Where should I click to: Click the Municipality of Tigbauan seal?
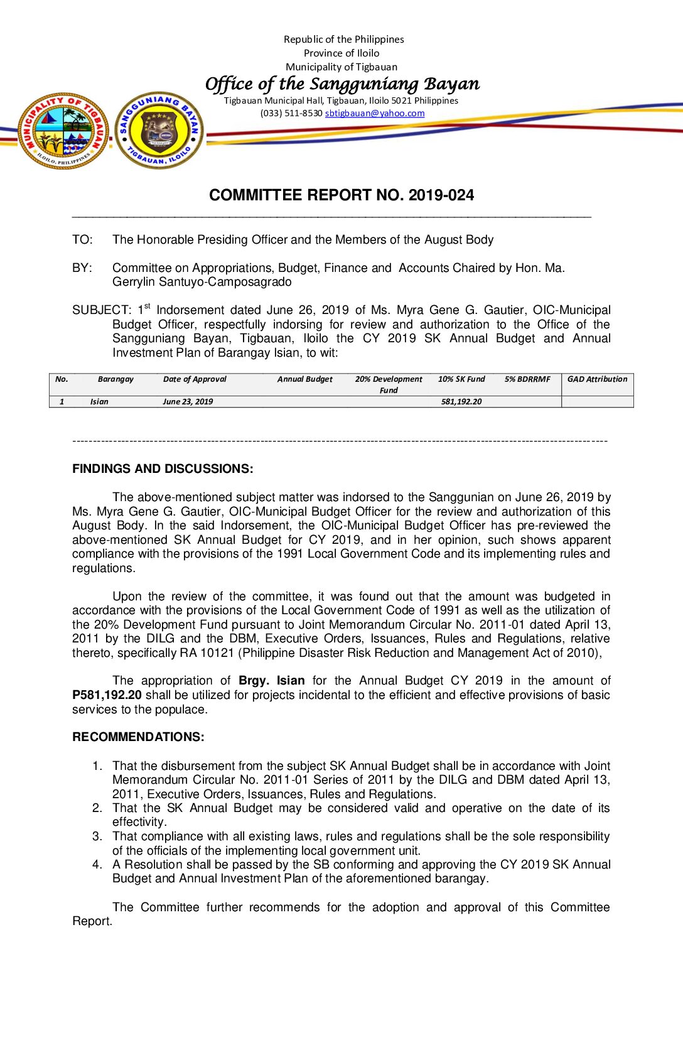pyautogui.click(x=63, y=131)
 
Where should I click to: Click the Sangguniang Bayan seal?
pyautogui.click(x=159, y=131)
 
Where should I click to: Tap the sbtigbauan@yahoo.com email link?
pyautogui.click(x=375, y=114)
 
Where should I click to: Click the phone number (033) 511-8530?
pyautogui.click(x=291, y=114)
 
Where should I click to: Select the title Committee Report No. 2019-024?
pyautogui.click(x=341, y=195)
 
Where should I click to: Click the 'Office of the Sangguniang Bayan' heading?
pyautogui.click(x=342, y=84)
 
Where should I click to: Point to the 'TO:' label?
pyautogui.click(x=82, y=240)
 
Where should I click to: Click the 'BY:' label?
pyautogui.click(x=82, y=268)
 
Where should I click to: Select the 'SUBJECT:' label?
pyautogui.click(x=101, y=310)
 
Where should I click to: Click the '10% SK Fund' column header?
pyautogui.click(x=461, y=379)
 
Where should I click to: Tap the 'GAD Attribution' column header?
pyautogui.click(x=597, y=379)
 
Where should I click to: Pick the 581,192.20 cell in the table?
pyautogui.click(x=461, y=402)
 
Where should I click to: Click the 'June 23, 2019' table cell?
pyautogui.click(x=188, y=402)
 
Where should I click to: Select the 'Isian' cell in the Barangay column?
pyautogui.click(x=99, y=402)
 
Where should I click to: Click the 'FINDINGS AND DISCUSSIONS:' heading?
pyautogui.click(x=163, y=469)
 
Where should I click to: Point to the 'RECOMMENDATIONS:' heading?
pyautogui.click(x=138, y=737)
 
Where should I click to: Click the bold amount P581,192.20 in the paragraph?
pyautogui.click(x=107, y=695)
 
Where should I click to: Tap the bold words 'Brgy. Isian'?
pyautogui.click(x=271, y=681)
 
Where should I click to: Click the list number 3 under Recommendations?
pyautogui.click(x=97, y=837)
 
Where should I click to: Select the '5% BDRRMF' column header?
pyautogui.click(x=527, y=379)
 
